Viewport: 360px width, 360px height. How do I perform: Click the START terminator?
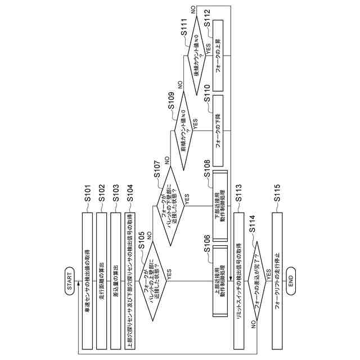click(x=69, y=280)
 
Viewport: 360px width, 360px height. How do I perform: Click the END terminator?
click(x=291, y=280)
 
